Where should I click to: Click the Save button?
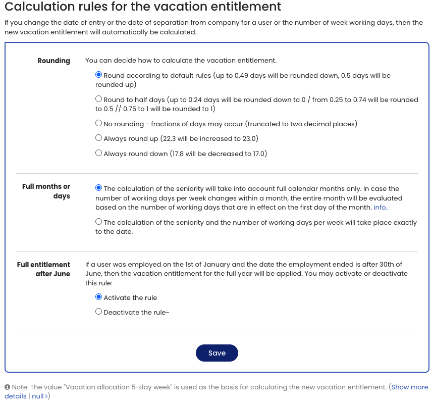coord(217,353)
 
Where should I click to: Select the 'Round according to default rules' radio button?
coord(99,75)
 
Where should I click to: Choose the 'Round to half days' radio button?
coord(99,99)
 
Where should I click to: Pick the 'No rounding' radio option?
coord(99,123)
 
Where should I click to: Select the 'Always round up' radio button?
coord(99,138)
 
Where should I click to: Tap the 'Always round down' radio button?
coord(99,153)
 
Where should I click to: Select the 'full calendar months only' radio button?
coord(99,188)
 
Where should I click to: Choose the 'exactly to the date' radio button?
coord(99,222)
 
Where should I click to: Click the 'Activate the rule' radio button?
coord(99,297)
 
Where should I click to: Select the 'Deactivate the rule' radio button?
coord(99,312)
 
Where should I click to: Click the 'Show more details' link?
coord(409,387)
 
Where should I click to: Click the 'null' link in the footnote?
coord(37,396)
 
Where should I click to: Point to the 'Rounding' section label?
coord(53,61)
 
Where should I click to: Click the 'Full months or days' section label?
coord(46,191)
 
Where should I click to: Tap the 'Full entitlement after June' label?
coord(44,269)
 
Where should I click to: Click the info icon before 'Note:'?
coord(8,387)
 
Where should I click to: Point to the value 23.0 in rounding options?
coord(249,138)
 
